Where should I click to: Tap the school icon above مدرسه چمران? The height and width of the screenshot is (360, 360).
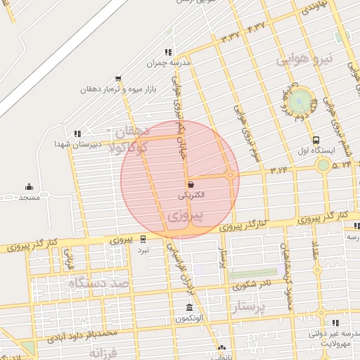click(167, 51)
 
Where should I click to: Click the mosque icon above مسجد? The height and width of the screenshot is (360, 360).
click(29, 187)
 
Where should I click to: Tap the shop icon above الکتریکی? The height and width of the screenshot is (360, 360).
click(192, 184)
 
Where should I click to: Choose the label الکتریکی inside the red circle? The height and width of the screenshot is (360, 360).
click(192, 194)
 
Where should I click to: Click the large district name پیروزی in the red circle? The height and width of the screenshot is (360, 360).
click(187, 214)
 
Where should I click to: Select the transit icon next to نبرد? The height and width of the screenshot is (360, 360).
click(143, 238)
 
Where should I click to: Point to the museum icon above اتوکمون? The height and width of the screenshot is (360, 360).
click(190, 308)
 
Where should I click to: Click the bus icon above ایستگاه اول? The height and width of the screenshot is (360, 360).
click(316, 140)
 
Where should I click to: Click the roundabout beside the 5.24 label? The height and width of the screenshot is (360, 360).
click(323, 165)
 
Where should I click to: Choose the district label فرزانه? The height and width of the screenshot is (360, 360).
click(105, 351)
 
